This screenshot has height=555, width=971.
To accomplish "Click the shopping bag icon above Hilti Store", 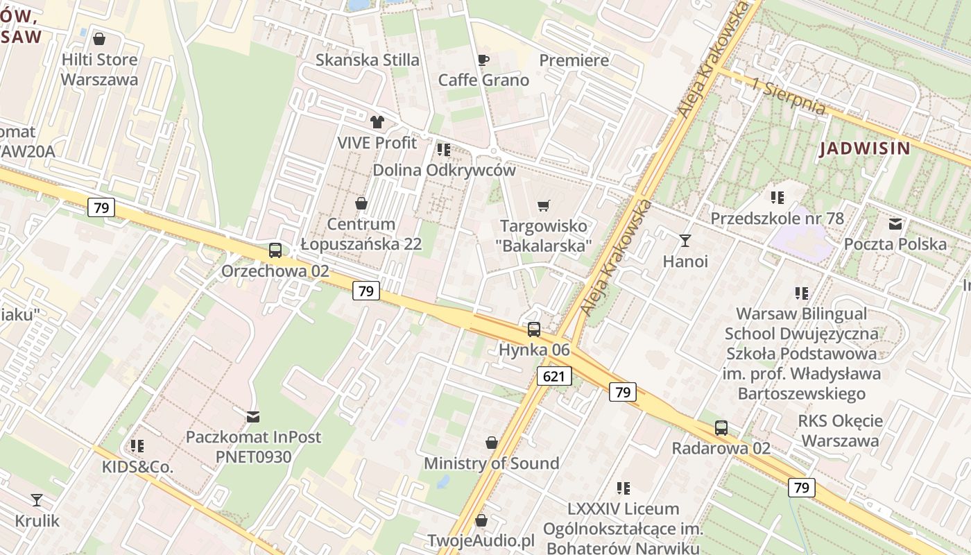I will (99, 39).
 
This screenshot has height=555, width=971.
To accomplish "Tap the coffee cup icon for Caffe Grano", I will (483, 60).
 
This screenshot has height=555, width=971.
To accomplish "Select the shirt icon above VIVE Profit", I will (377, 122).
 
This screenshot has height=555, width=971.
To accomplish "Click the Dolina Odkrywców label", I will (444, 170).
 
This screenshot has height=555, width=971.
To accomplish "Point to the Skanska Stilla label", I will (367, 60).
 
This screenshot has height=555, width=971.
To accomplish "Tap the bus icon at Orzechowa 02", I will (275, 250).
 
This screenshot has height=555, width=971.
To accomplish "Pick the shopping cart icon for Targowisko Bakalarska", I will (544, 205).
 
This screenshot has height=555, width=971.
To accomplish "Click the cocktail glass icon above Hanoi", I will (685, 241).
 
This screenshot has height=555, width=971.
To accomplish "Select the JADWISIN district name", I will (864, 148).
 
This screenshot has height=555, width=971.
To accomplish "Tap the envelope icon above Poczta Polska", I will (895, 223).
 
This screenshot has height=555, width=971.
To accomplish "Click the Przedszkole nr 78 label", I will (777, 219).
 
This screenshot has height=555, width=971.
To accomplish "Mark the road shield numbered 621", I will (553, 376).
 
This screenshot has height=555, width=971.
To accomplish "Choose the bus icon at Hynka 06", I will (533, 330).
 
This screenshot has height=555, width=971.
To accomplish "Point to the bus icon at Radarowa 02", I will (721, 428).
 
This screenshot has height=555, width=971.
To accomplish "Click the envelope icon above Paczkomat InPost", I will (253, 416).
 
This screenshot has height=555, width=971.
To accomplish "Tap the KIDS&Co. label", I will (137, 467).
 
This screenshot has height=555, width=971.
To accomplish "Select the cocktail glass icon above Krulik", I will (37, 499).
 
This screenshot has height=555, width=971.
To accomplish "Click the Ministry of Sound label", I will (491, 463).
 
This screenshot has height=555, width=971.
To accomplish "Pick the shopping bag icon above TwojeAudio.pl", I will (481, 520).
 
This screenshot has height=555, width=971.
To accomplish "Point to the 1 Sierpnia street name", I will (789, 98).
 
